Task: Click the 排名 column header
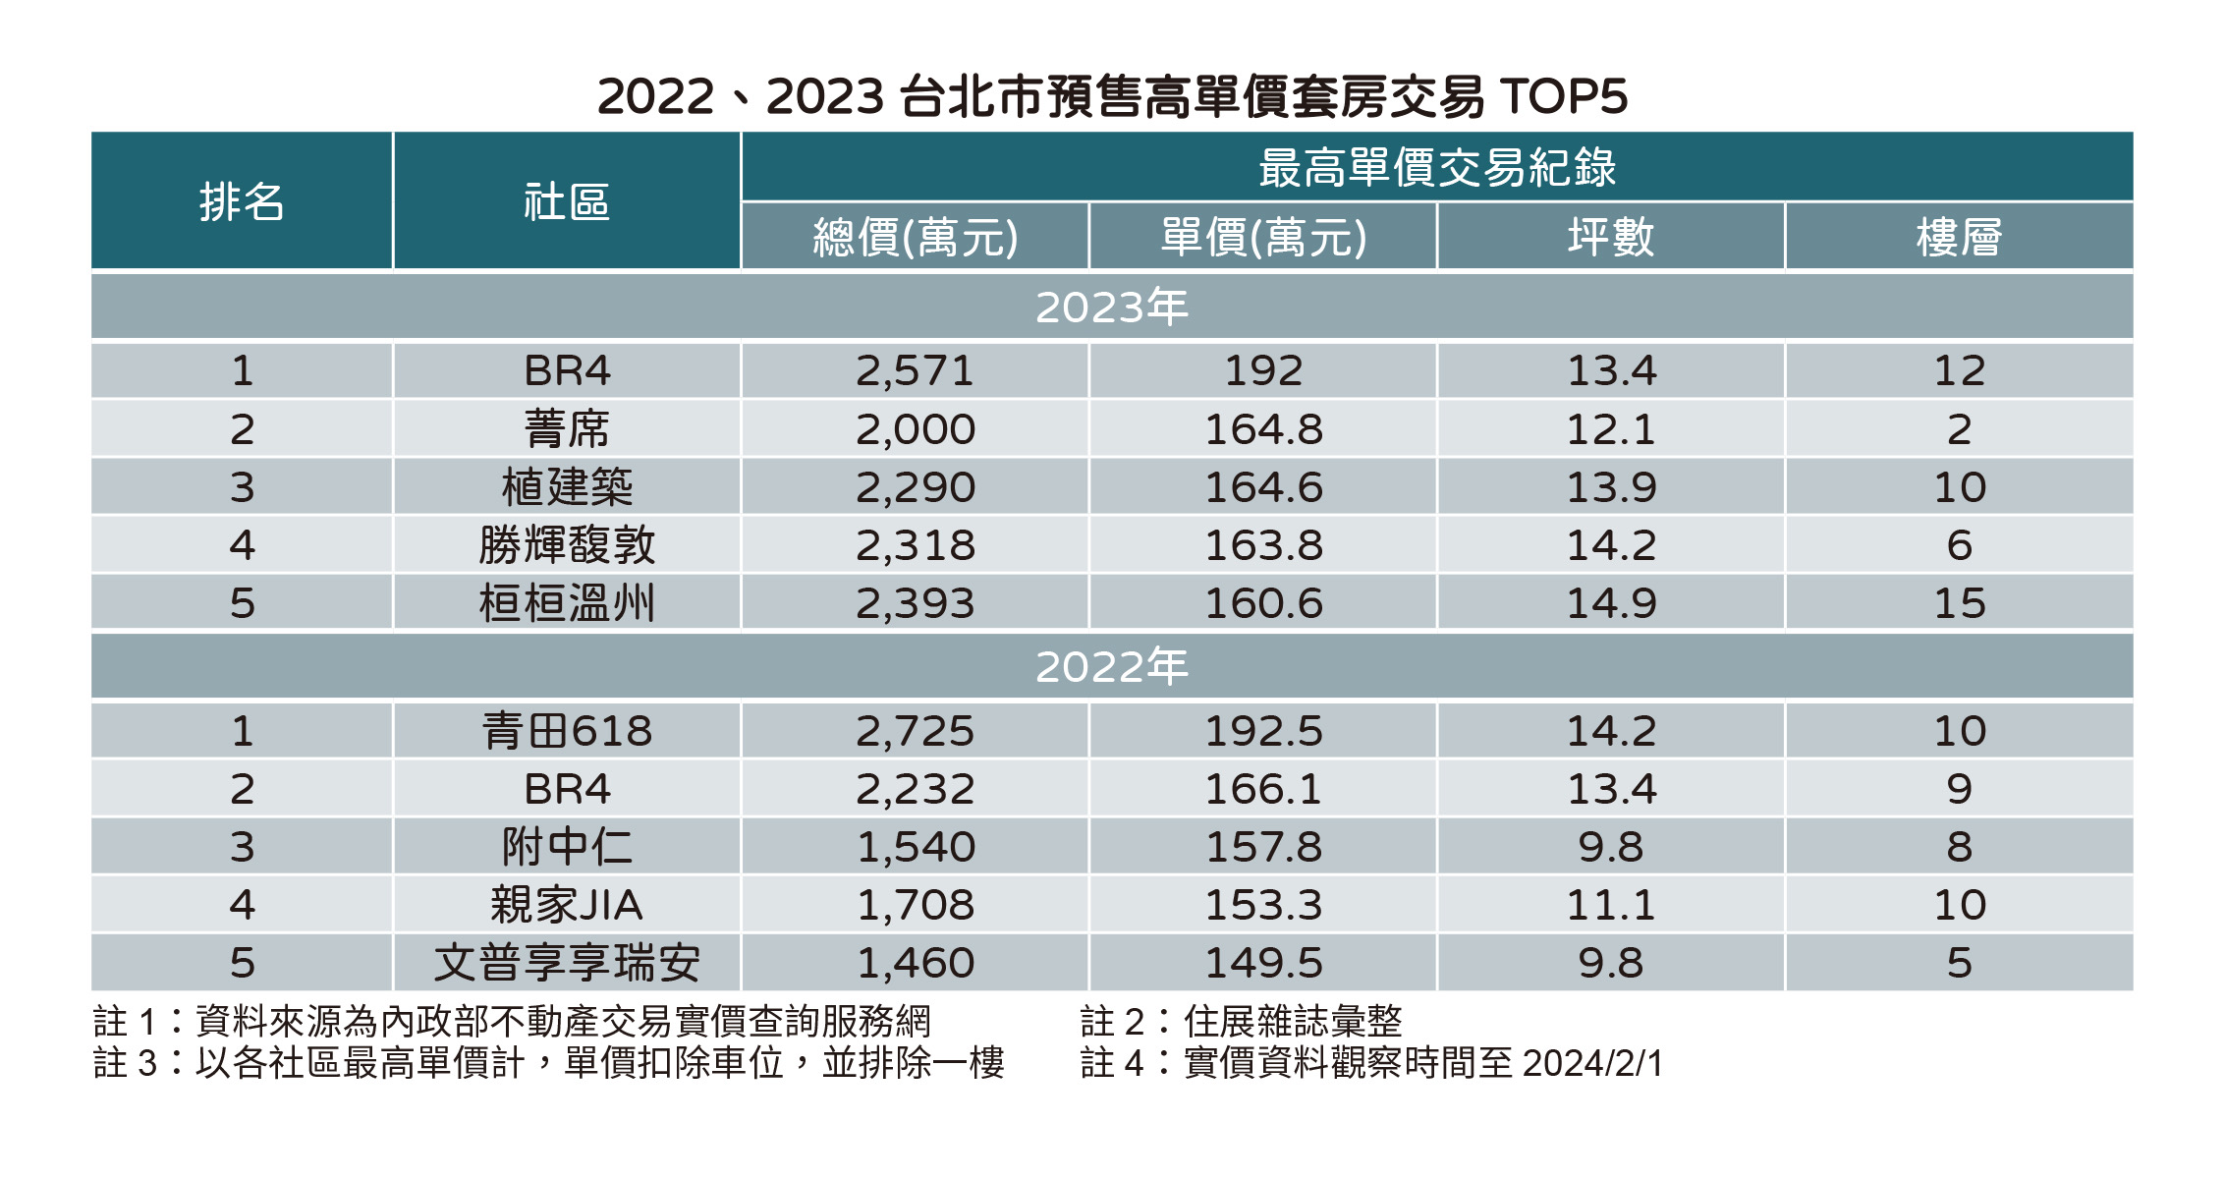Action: pos(242,202)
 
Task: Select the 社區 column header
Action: pos(567,202)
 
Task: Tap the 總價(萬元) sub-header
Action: pos(915,237)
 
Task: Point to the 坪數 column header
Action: pos(1611,237)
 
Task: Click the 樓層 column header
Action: pos(1959,237)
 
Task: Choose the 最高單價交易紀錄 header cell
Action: pos(1437,167)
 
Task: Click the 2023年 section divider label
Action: pos(1112,308)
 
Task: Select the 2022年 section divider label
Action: pos(1112,667)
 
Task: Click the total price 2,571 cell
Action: pos(915,371)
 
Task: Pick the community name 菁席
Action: pos(567,429)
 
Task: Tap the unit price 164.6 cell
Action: pos(1263,487)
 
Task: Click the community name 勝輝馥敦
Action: pos(567,545)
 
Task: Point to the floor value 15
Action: pos(1959,603)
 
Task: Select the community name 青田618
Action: pos(567,731)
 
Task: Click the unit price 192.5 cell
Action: pos(1263,731)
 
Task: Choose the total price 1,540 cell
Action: pos(915,847)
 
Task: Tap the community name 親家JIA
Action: pos(567,905)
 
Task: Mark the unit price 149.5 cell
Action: pos(1263,963)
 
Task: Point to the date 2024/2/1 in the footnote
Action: pos(1591,1063)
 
